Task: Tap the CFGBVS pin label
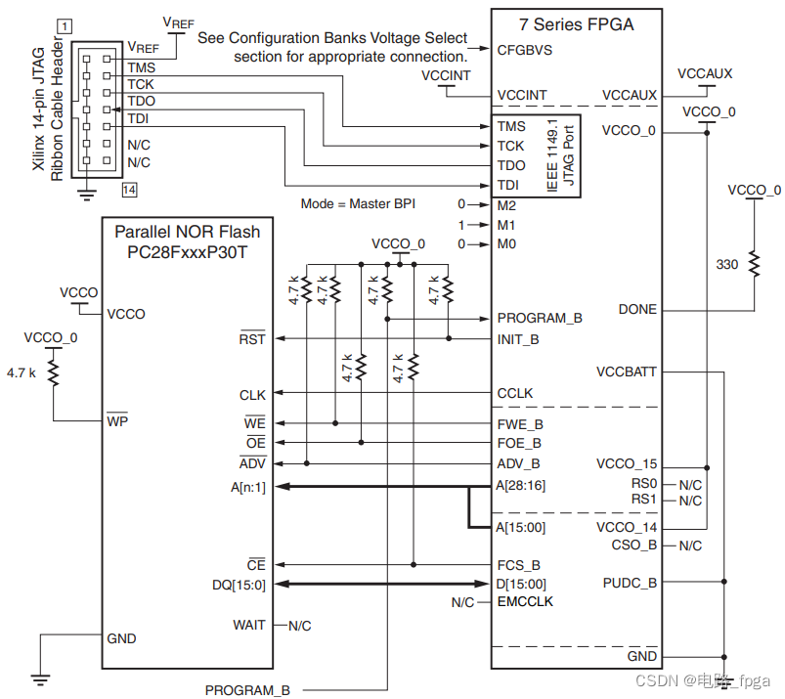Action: point(525,50)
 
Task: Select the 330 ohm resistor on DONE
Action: point(754,265)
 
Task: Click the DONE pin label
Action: point(637,310)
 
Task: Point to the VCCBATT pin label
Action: point(627,372)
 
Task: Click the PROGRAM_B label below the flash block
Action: point(247,690)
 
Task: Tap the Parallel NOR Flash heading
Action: point(188,232)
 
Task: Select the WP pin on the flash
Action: point(118,421)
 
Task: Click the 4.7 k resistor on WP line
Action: point(52,372)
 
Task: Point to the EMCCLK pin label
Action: point(525,602)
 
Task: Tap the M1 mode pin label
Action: point(505,225)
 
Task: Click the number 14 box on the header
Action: point(130,189)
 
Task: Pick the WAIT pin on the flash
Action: point(249,625)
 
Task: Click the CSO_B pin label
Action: point(634,546)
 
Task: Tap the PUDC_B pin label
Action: point(631,584)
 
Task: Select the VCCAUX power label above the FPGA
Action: point(705,74)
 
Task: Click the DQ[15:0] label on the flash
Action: point(239,585)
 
